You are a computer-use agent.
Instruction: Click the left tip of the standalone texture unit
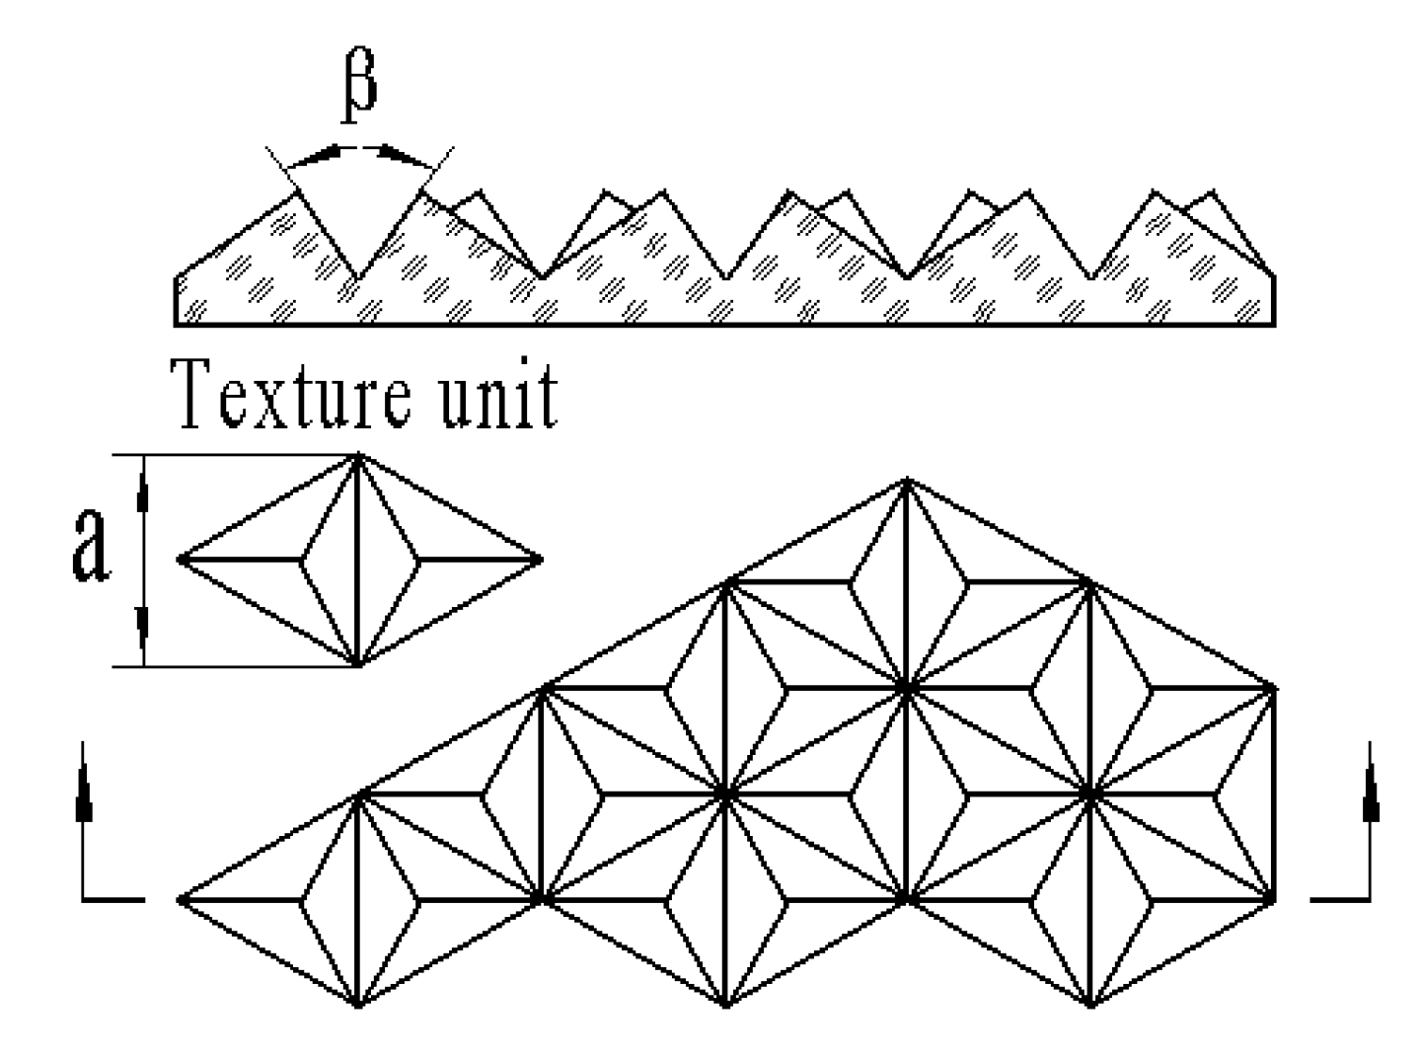[180, 560]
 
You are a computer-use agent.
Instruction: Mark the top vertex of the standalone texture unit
[358, 455]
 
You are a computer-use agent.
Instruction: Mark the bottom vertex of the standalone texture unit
[358, 665]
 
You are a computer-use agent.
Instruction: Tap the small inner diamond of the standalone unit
[359, 560]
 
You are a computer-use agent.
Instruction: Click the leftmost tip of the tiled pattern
[180, 899]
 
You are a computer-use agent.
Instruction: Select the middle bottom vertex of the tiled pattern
[725, 1006]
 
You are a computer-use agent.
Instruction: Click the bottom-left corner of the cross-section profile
[176, 324]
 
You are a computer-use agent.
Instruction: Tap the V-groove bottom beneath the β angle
[357, 278]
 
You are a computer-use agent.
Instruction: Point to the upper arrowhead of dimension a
[144, 488]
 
